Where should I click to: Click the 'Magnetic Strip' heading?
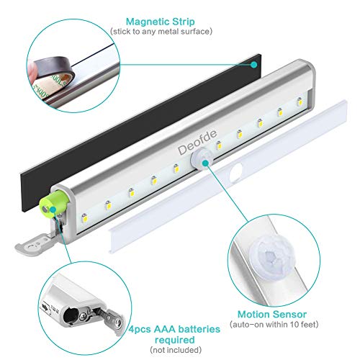[161, 22]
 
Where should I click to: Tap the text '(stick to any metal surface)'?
[161, 32]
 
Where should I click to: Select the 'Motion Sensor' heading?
[272, 314]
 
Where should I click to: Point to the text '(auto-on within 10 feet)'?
[274, 325]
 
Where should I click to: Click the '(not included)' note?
[176, 350]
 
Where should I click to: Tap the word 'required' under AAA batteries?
[175, 340]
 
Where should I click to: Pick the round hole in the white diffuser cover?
[236, 172]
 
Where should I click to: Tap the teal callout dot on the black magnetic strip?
[253, 65]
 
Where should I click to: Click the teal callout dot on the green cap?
[53, 210]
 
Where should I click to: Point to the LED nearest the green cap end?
[84, 217]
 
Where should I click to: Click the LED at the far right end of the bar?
[300, 102]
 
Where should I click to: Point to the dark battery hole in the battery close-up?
[71, 315]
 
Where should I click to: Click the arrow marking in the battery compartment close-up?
[45, 307]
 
